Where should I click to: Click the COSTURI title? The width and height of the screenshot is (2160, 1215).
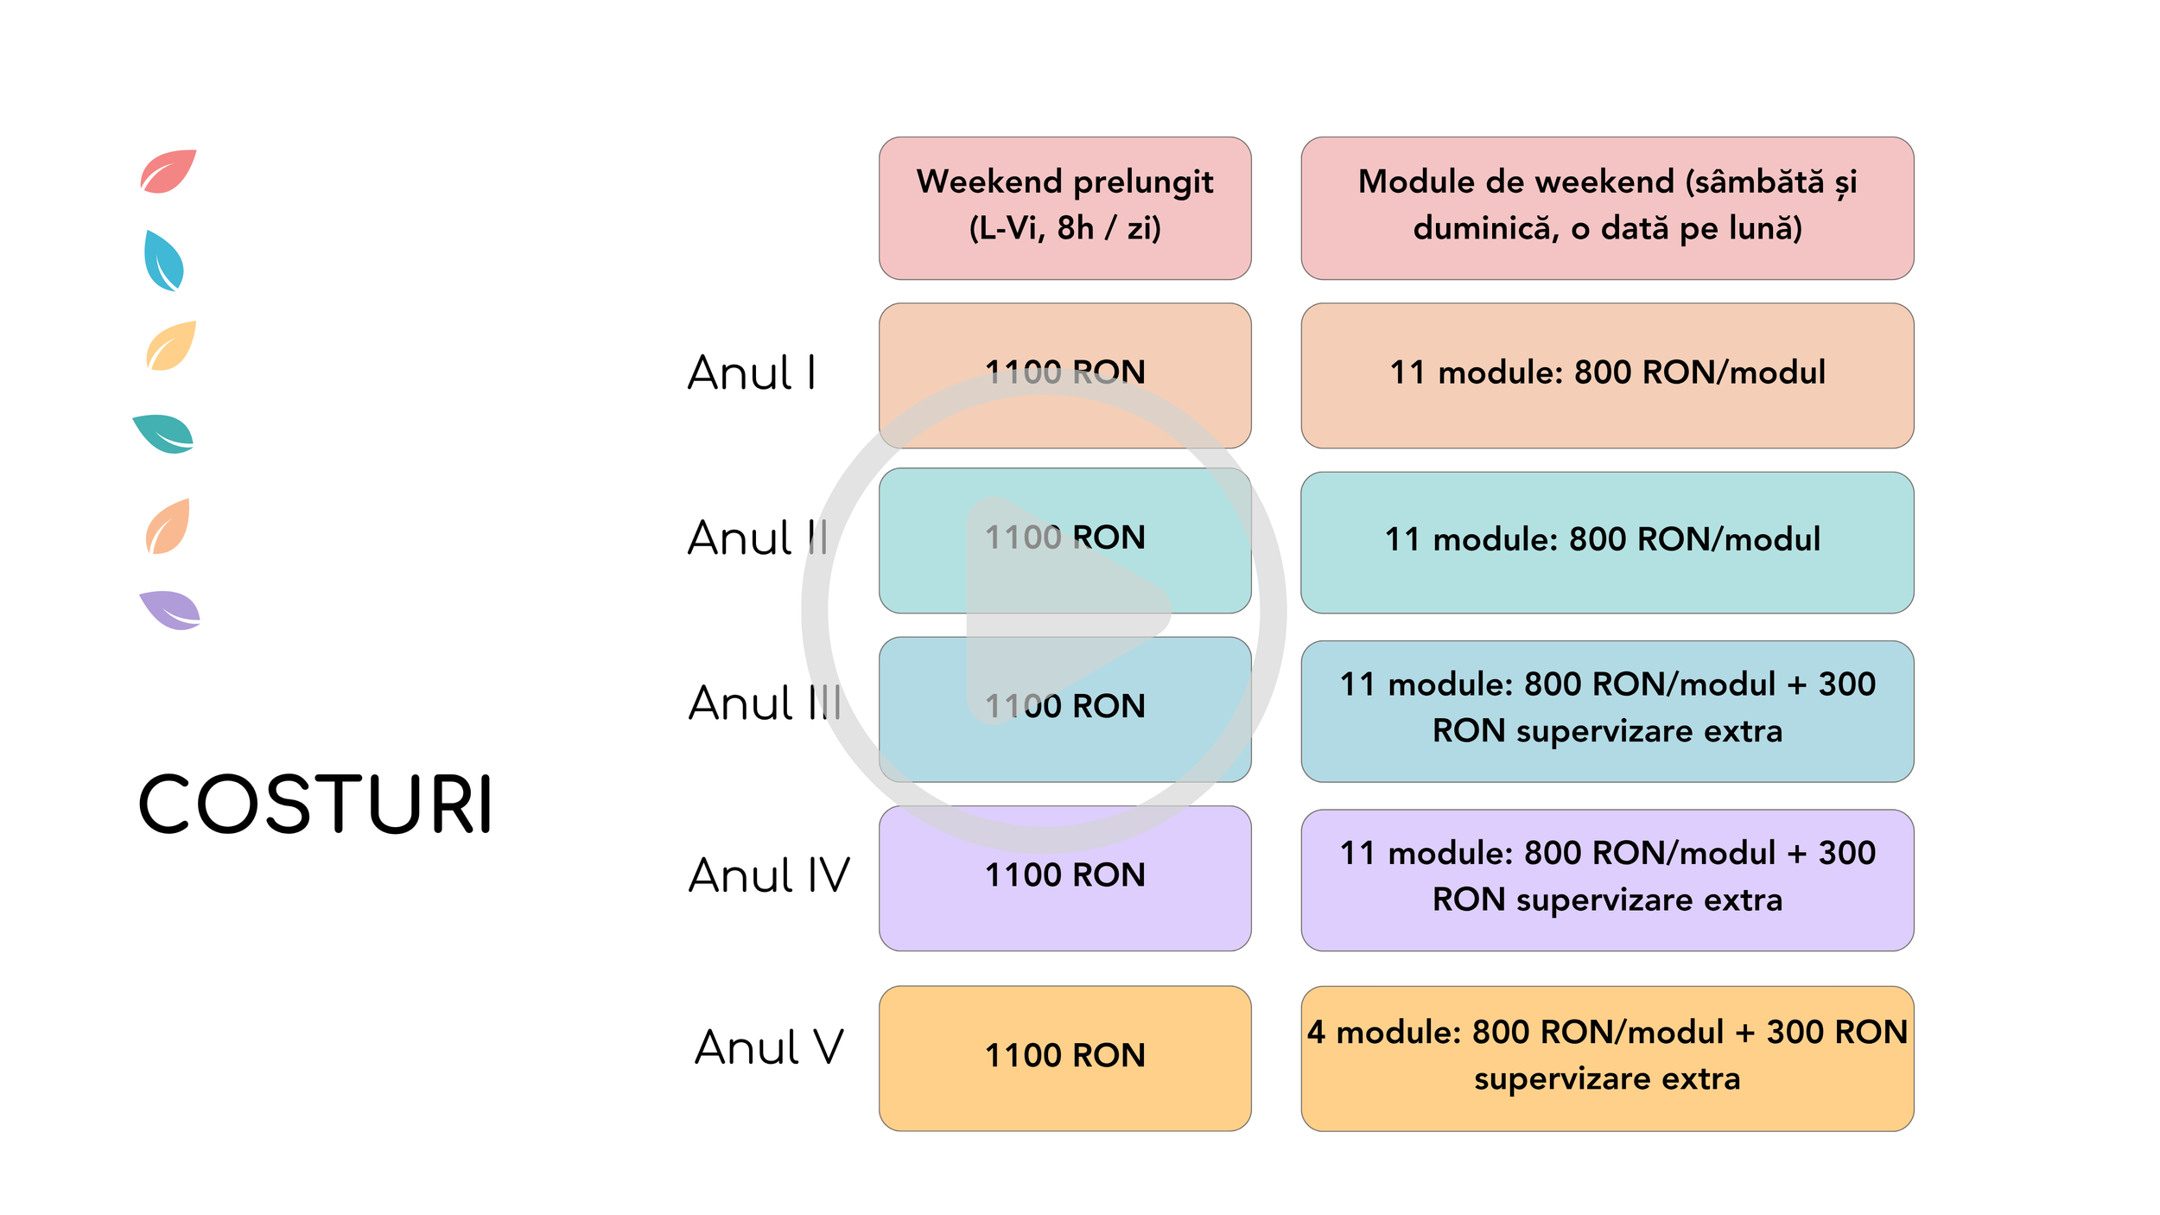[x=315, y=804]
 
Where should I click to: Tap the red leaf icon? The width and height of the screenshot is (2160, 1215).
[x=168, y=171]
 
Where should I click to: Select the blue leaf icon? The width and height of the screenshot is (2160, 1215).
[x=164, y=261]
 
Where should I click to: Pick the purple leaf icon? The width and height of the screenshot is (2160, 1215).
[x=170, y=610]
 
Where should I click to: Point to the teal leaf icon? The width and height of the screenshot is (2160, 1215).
[x=163, y=434]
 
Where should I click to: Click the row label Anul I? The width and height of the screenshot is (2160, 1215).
[x=752, y=373]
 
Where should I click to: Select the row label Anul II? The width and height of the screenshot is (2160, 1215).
[x=758, y=538]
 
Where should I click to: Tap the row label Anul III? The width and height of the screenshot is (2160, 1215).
[x=765, y=703]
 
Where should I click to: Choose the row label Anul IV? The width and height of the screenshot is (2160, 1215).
[x=769, y=875]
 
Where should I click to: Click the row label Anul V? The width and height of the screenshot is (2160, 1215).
[x=769, y=1047]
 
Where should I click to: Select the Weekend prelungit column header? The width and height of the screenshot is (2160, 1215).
[x=1064, y=208]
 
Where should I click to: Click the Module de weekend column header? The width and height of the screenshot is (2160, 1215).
[x=1607, y=208]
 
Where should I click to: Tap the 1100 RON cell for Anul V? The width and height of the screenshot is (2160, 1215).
[x=1064, y=1059]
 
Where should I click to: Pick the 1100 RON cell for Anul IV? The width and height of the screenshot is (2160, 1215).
[x=1064, y=879]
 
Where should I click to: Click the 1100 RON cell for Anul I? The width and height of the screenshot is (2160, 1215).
[x=1064, y=376]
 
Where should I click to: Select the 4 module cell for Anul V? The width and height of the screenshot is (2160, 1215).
[x=1607, y=1059]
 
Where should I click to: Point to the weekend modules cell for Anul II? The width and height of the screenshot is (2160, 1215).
[x=1607, y=543]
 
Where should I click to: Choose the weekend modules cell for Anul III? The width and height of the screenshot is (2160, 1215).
[x=1607, y=711]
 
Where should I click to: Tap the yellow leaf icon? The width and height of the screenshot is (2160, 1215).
[x=171, y=346]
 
